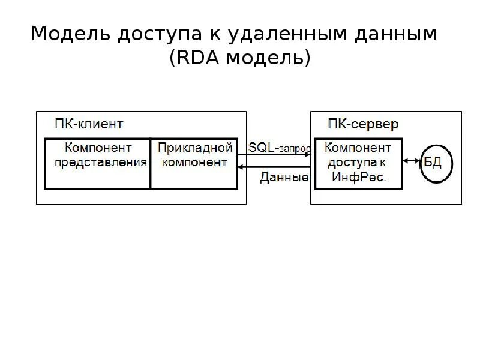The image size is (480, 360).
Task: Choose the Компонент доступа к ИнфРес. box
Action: [359, 163]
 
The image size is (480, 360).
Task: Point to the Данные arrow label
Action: [284, 177]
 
